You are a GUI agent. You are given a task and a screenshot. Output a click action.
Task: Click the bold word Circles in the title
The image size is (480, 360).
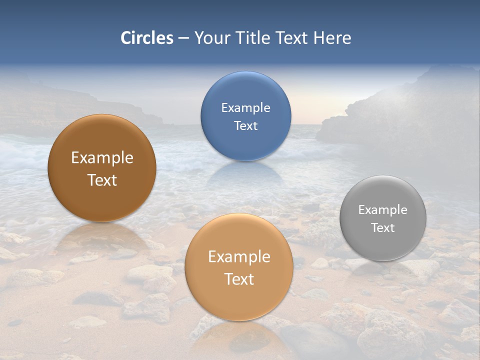pos(147,38)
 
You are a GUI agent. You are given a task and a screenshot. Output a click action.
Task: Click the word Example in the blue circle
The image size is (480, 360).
pos(245,108)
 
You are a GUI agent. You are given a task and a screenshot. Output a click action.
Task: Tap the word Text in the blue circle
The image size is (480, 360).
pos(245,126)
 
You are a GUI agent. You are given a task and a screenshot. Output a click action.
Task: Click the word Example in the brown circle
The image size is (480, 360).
pos(102,158)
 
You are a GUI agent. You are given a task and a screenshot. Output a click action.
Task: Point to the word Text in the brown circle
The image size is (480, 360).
pos(102,180)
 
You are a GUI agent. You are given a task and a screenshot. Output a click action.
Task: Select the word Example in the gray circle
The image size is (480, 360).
pos(382,210)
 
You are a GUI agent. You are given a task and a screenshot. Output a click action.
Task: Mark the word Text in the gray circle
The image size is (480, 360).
pos(382,228)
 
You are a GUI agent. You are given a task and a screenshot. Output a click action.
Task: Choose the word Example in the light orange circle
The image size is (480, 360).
pos(239,257)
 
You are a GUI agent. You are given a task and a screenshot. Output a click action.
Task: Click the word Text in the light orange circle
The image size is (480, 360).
pos(239,279)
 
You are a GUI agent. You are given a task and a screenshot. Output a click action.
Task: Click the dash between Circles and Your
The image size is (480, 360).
pos(183,38)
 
